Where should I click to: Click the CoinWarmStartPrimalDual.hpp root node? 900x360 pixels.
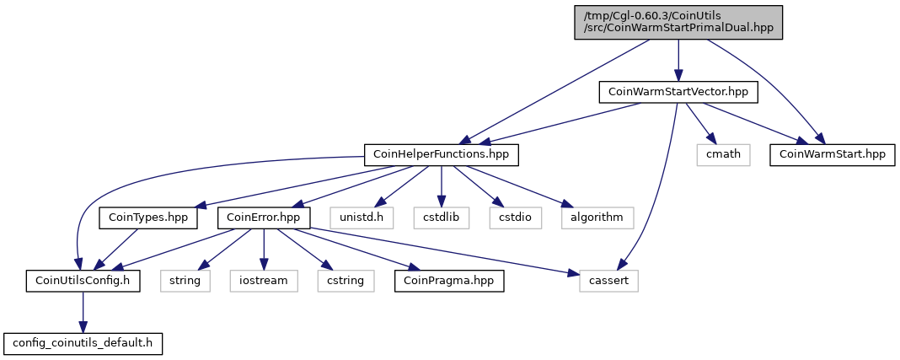click(x=678, y=23)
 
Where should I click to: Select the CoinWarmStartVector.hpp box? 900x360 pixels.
click(x=678, y=92)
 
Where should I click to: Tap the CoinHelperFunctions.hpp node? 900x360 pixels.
click(x=442, y=155)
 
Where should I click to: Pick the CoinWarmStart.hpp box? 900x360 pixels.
click(x=832, y=155)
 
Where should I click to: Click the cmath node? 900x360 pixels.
click(x=723, y=155)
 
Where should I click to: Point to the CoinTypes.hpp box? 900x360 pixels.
click(x=148, y=218)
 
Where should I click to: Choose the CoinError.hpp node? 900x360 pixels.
click(x=264, y=218)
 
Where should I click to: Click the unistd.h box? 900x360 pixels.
click(x=362, y=218)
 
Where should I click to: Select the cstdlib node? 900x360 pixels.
click(x=442, y=218)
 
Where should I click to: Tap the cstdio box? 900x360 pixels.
click(x=516, y=218)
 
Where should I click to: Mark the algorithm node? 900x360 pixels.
click(x=597, y=218)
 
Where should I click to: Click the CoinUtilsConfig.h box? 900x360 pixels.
click(x=83, y=282)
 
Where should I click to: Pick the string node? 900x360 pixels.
click(x=185, y=282)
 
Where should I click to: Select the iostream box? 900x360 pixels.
click(x=264, y=282)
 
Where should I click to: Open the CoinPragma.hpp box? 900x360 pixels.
click(x=449, y=282)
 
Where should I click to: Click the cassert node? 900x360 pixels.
click(x=608, y=282)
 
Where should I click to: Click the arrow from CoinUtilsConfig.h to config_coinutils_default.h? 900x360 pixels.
click(x=83, y=312)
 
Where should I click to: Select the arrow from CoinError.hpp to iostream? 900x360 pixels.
click(x=264, y=250)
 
